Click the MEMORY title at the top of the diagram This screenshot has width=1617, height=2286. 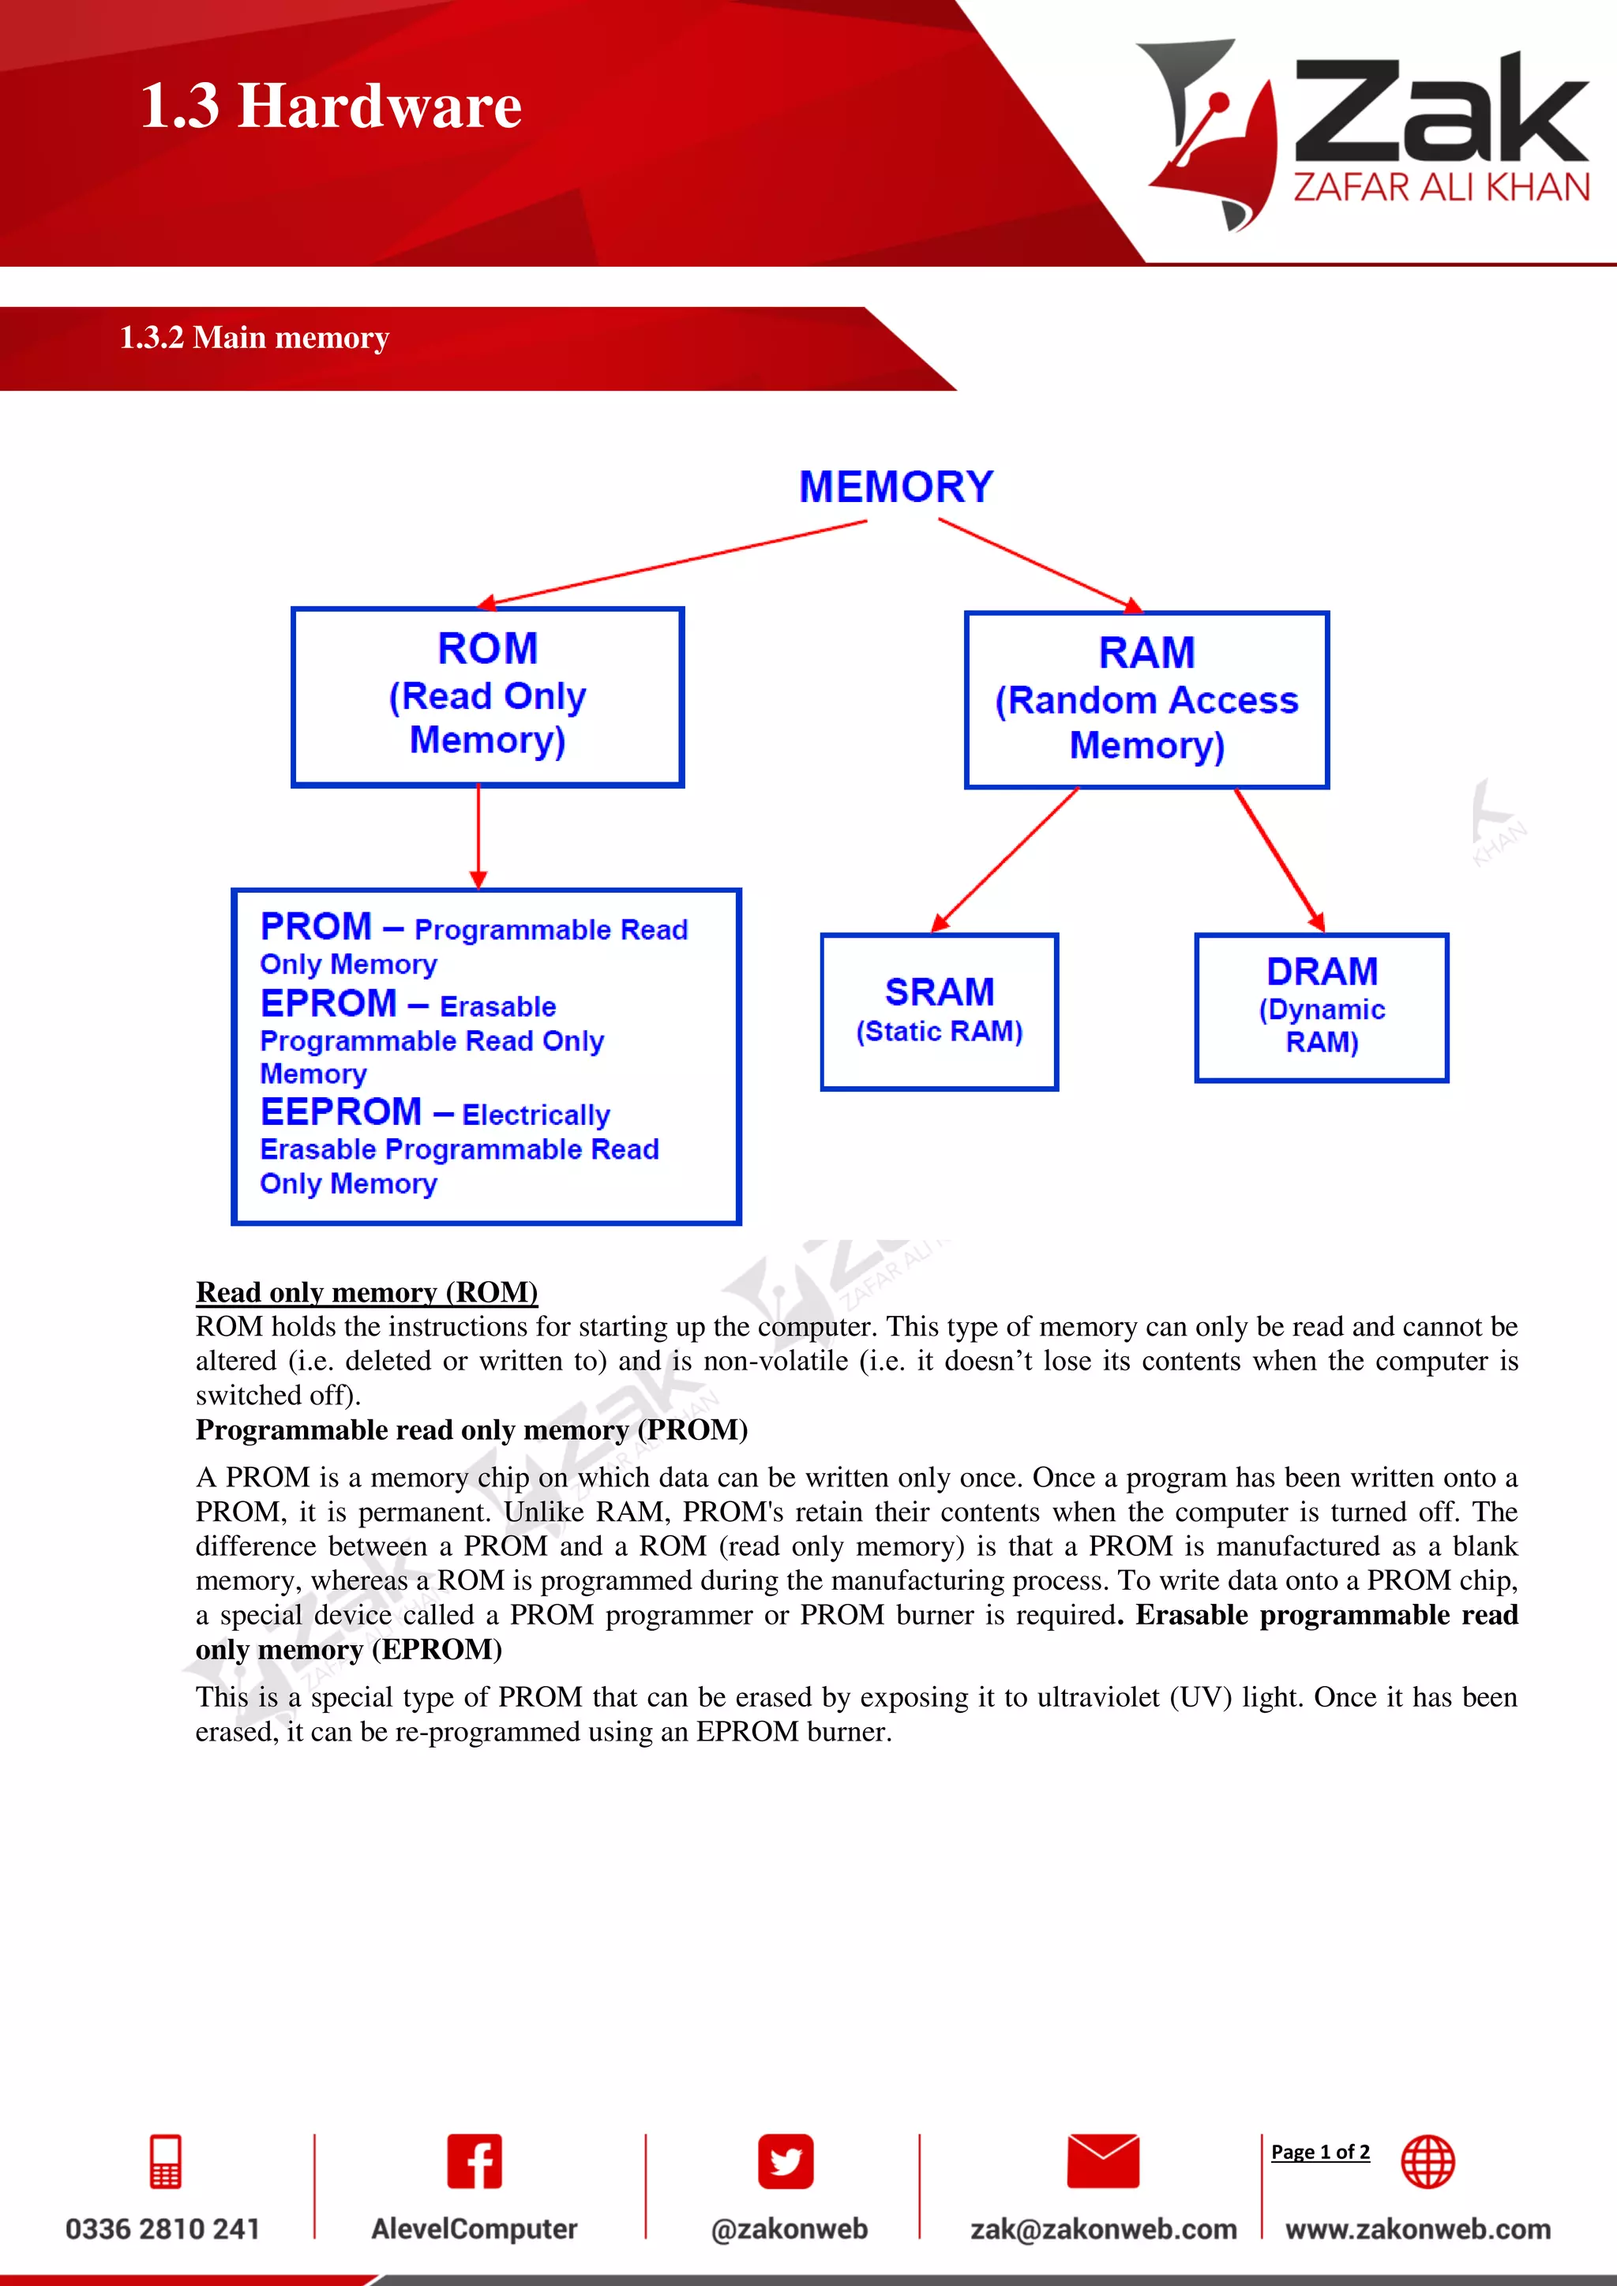click(895, 487)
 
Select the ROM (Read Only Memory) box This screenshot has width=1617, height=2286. click(487, 696)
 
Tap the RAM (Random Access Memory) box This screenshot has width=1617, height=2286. click(1146, 700)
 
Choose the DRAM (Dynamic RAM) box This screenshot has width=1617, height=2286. click(1321, 1006)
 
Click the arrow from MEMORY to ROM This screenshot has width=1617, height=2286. click(677, 563)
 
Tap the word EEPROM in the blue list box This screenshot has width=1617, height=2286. click(340, 1111)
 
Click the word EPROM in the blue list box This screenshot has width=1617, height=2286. click(328, 1003)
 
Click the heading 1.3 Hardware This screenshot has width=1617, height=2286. click(331, 106)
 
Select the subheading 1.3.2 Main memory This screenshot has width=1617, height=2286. click(254, 338)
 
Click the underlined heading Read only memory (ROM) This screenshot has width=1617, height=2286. click(366, 1291)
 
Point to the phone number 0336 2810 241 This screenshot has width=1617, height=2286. click(163, 2228)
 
